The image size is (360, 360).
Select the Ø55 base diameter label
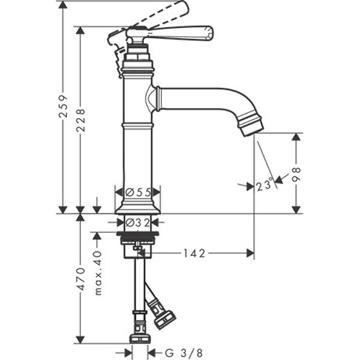(x=137, y=192)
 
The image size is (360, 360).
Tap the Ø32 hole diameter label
(x=138, y=223)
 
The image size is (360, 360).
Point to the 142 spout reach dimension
(x=194, y=253)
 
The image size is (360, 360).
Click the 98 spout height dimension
(x=296, y=174)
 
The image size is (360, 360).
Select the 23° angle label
(x=265, y=185)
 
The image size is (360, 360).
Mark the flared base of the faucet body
(x=137, y=207)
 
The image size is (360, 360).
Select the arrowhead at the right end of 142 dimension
(x=250, y=253)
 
